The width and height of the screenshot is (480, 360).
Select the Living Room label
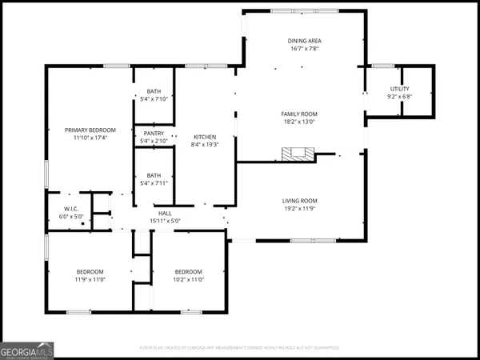coord(300,200)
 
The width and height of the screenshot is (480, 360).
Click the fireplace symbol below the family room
coord(298,154)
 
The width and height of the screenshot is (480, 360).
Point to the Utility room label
coord(400,88)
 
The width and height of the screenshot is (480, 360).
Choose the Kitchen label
coord(205,137)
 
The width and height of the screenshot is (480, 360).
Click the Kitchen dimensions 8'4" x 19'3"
coord(205,145)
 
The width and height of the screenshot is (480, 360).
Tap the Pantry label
coord(154,134)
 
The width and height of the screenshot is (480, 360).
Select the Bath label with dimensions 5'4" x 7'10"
coord(154,91)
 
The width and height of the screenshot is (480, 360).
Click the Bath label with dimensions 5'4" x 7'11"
coord(154,175)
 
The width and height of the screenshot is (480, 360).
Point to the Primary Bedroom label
coord(90,130)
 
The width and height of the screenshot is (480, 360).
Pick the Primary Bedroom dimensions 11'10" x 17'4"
coord(90,138)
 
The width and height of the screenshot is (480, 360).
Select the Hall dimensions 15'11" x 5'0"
coord(166,221)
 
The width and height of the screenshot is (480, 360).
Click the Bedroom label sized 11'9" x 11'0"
coord(90,271)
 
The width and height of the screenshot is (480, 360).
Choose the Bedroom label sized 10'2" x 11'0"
coord(189,271)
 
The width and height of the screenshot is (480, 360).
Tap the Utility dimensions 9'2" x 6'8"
coord(400,96)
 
